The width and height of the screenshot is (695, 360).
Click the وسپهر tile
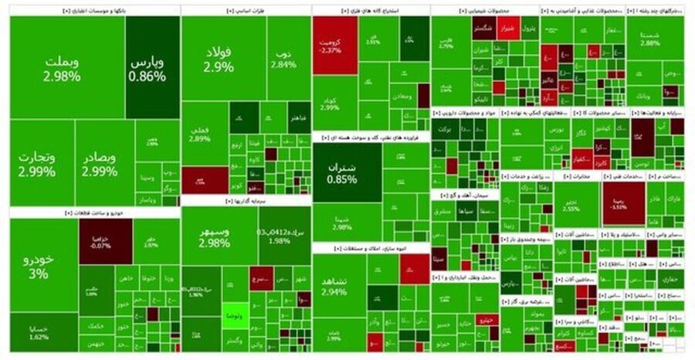pyautogui.click(x=213, y=237)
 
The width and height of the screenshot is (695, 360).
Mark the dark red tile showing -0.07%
pyautogui.click(x=110, y=241)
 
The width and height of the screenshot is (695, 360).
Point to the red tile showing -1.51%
pyautogui.click(x=622, y=203)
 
